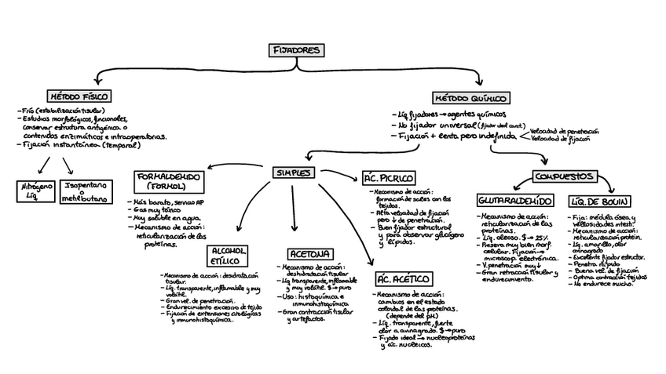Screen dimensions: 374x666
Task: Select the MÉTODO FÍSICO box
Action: [79, 96]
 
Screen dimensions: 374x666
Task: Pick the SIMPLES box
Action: [293, 172]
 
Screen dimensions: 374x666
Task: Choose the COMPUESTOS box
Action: [565, 176]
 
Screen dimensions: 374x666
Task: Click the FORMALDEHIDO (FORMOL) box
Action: [168, 182]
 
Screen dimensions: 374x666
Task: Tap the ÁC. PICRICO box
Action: [389, 178]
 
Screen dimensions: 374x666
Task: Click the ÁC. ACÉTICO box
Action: [403, 279]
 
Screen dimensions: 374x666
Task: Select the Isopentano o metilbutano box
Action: [87, 192]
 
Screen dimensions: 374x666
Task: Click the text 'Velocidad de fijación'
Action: [560, 139]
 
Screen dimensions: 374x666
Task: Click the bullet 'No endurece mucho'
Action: [602, 284]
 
